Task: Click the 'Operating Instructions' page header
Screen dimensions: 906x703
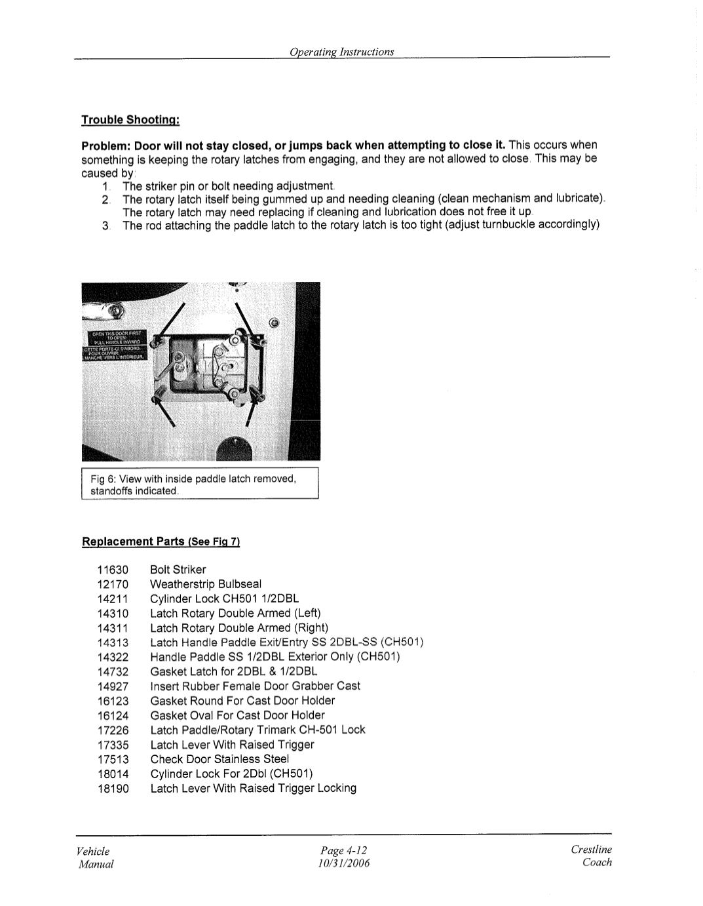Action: point(342,52)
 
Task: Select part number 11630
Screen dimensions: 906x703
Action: point(113,570)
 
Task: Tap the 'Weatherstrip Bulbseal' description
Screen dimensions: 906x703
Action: point(206,584)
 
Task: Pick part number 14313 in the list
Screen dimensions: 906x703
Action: point(113,642)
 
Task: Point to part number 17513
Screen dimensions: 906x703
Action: point(113,759)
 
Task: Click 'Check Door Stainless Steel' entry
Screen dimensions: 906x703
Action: point(219,759)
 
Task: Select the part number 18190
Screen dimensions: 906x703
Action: point(113,788)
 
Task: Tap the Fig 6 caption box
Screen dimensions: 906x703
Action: point(200,484)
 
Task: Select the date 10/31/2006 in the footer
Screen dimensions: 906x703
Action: point(343,863)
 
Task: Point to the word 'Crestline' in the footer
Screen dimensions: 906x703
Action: point(591,850)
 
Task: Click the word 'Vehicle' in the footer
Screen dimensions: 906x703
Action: point(93,851)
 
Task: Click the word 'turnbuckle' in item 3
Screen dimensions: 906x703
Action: point(509,225)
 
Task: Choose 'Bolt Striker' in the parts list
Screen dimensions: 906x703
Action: point(178,570)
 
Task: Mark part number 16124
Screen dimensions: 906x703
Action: point(113,715)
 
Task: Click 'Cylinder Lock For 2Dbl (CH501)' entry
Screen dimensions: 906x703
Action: point(231,774)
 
